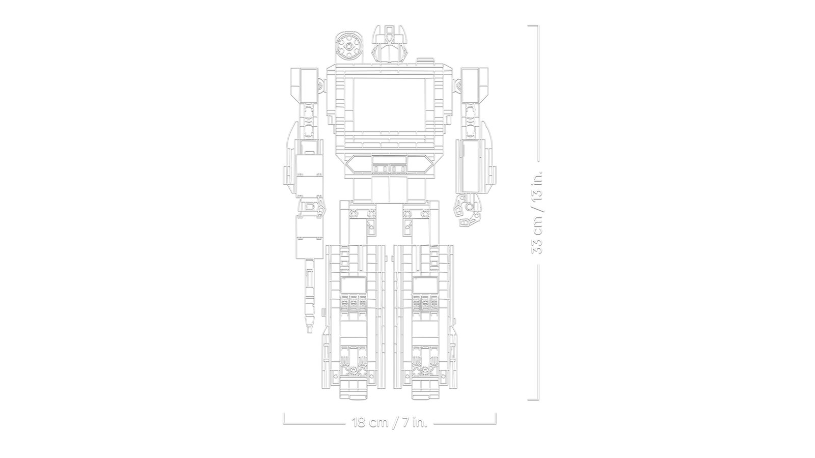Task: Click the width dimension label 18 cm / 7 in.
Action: [389, 422]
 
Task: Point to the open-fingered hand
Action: [468, 210]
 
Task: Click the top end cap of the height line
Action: [533, 26]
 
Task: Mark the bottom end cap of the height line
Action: [533, 400]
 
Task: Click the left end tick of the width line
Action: [284, 418]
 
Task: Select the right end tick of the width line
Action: [496, 418]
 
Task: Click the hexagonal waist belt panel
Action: [389, 164]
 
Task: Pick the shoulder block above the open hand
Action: [475, 86]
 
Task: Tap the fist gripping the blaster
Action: [310, 208]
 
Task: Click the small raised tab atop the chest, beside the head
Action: [425, 61]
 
